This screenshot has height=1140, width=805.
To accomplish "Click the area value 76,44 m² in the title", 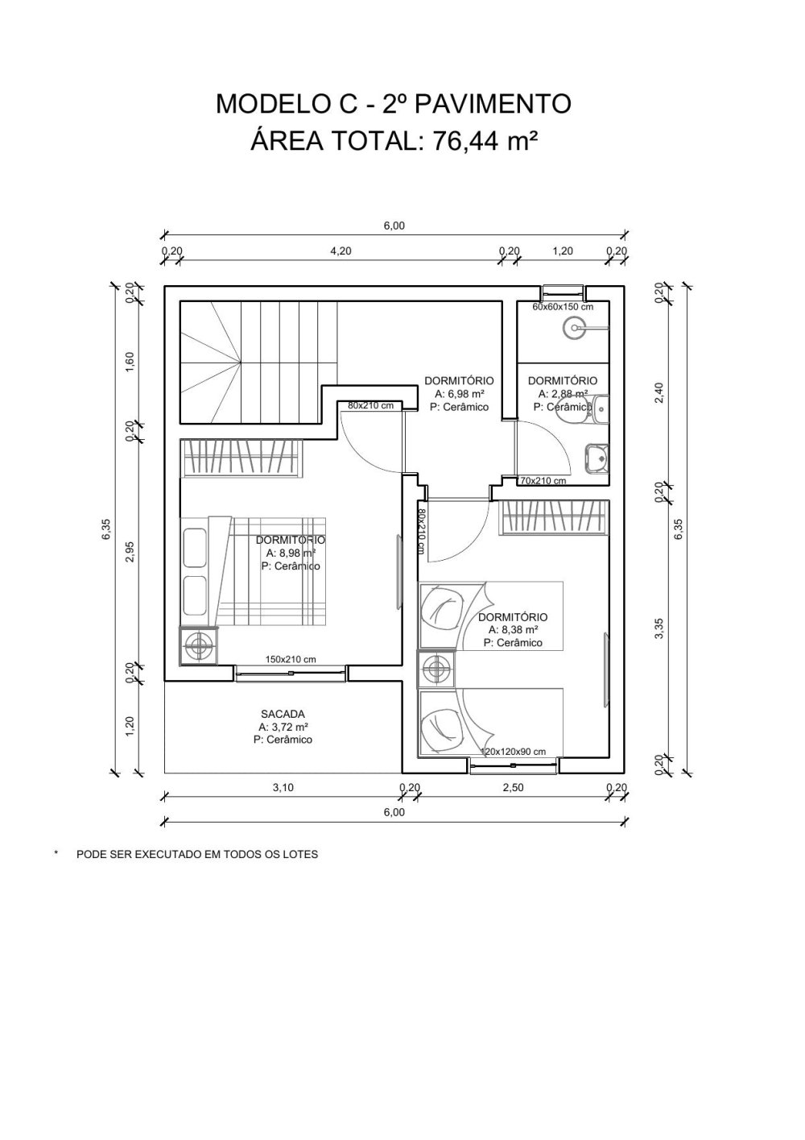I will click(485, 141).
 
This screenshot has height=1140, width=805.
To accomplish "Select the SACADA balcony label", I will click(283, 714).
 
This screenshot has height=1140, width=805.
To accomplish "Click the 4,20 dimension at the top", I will click(341, 251).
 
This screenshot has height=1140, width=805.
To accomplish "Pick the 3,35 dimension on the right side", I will click(659, 629).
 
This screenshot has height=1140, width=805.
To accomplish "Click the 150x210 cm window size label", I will click(291, 659).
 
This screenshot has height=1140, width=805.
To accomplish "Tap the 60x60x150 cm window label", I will click(563, 307).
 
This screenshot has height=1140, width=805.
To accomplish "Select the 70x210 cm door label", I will click(543, 481).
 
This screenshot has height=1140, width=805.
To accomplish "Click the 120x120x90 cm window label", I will click(513, 752).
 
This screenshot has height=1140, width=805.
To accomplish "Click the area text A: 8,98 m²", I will click(291, 553).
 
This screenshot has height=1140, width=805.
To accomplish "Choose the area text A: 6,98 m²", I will click(459, 394).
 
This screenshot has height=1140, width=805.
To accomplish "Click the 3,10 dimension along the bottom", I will click(283, 788).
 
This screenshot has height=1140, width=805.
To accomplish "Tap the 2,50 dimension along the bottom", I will click(513, 788).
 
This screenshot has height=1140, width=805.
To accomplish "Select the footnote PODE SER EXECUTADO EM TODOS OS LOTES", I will click(196, 854).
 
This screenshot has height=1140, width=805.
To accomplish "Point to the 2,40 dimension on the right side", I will click(659, 393).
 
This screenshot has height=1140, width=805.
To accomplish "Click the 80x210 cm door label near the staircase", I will click(370, 405).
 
